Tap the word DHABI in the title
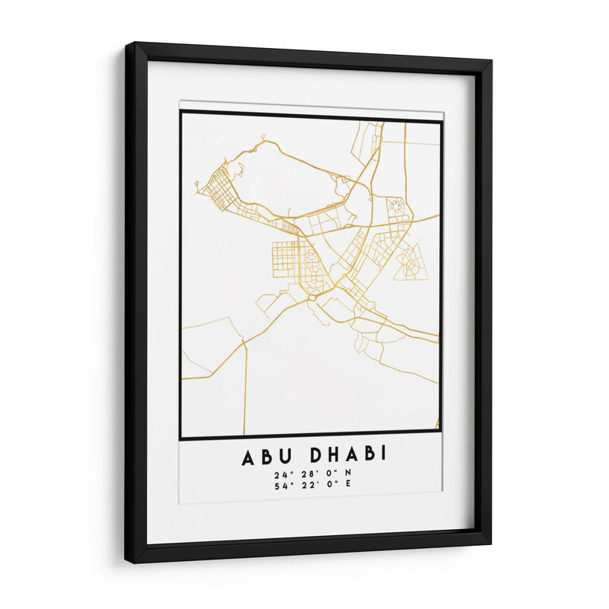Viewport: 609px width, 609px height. coord(349,455)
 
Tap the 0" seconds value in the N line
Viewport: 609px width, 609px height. coord(329,474)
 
